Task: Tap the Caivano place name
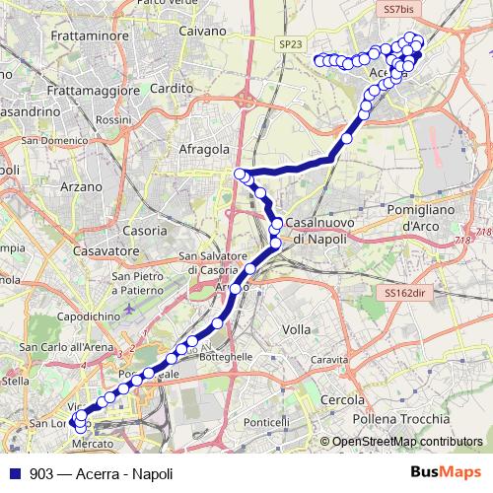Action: pyautogui.click(x=205, y=32)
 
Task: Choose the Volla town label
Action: pyautogui.click(x=296, y=329)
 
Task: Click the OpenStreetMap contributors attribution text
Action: pyautogui.click(x=406, y=442)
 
